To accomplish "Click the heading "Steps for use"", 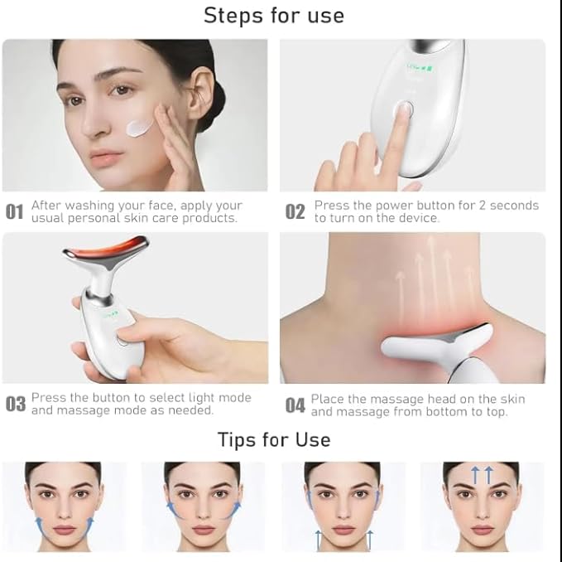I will coord(273,15).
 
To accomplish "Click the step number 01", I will coord(15,212).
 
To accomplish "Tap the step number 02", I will coord(295,212).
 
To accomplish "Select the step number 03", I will coord(16,405).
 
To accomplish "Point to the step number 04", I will coord(295,405).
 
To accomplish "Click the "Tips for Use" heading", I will coord(274,439).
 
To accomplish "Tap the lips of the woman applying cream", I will coord(107,157).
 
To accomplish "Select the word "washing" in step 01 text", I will coord(88,205).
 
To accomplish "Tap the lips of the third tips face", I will coord(343,529).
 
